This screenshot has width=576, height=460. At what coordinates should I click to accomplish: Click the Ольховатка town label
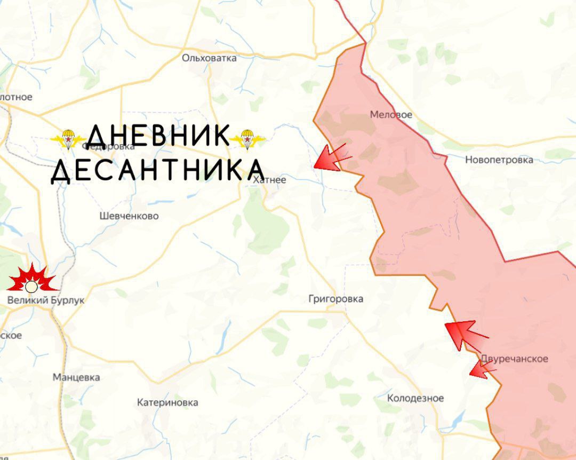(209, 58)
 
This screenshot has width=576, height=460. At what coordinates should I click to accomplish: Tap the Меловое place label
(391, 115)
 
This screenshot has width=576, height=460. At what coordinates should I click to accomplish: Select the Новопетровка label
(499, 160)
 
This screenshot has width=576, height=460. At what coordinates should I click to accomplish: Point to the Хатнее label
(269, 180)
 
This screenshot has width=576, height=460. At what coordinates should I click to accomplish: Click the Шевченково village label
(129, 216)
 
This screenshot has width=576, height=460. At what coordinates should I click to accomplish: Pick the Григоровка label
(335, 299)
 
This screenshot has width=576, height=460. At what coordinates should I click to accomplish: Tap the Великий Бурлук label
(45, 300)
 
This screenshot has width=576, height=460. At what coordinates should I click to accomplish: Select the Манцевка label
(76, 377)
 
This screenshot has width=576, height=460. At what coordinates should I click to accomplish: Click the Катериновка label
(167, 402)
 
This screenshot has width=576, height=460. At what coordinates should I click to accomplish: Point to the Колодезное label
(415, 398)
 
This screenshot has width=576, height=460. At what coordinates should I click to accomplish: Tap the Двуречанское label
(514, 359)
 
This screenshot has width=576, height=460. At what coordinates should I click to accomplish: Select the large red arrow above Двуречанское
(465, 334)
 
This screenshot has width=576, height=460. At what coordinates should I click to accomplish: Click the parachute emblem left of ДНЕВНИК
(67, 139)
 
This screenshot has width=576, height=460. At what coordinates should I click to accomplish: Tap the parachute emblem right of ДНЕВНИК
(247, 139)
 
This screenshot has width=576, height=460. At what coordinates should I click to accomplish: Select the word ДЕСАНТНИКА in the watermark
(158, 171)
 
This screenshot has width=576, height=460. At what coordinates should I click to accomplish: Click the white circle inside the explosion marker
(31, 287)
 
